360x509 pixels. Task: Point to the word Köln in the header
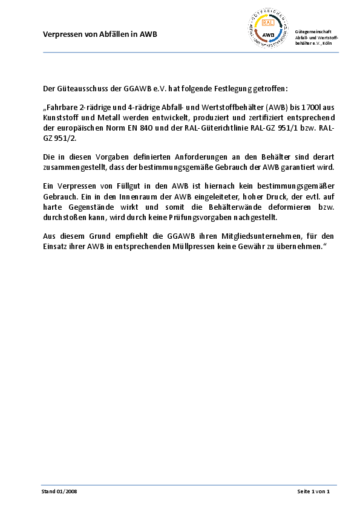coord(327,44)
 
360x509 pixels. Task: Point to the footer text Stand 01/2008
coord(59,491)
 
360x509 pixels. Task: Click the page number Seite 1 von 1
coord(313,491)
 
